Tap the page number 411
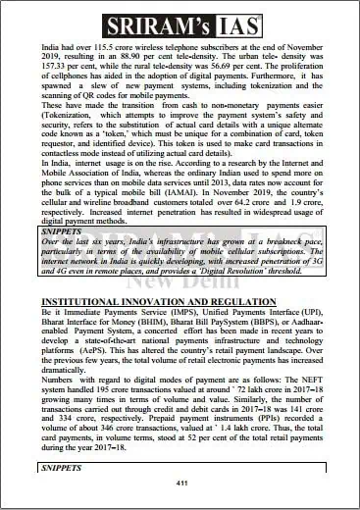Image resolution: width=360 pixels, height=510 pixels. [x=180, y=484]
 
